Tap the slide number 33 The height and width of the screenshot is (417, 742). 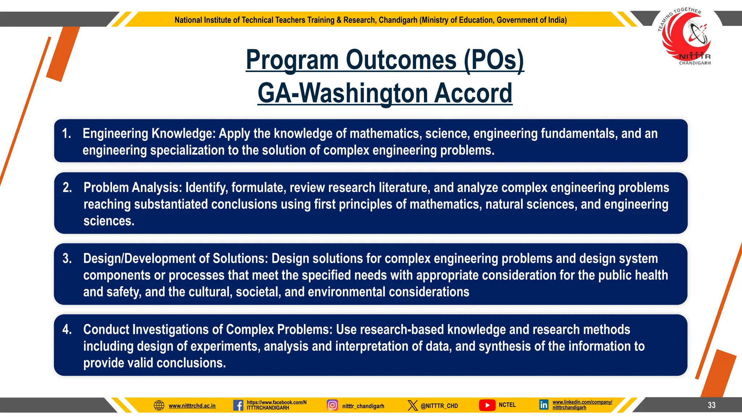tap(712, 405)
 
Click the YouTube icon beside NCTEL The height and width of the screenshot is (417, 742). tap(487, 405)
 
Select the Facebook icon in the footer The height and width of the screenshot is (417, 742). tap(238, 405)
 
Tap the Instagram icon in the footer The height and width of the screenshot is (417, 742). tap(332, 405)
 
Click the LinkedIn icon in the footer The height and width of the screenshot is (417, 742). tap(543, 405)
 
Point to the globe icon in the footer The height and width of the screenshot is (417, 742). tap(159, 405)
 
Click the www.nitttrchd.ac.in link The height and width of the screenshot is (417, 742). tap(192, 406)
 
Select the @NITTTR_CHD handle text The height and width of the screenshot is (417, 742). tap(439, 406)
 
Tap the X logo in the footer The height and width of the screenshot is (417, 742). tap(412, 405)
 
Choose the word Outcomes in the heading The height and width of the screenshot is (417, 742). tap(401, 60)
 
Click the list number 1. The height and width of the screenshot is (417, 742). tap(66, 134)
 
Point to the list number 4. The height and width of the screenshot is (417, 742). tap(67, 329)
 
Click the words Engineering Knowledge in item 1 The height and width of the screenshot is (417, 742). tap(149, 134)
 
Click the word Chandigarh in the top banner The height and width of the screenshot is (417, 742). tap(398, 20)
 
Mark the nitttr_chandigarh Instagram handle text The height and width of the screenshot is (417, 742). tap(363, 406)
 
